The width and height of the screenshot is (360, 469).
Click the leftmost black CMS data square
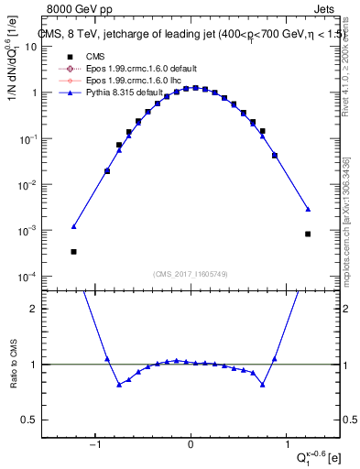73,251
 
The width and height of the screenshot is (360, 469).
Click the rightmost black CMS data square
308,234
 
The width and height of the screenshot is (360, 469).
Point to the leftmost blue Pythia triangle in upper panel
73,226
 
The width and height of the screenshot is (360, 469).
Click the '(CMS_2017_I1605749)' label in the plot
191,273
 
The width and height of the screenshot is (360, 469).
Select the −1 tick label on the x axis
93,445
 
